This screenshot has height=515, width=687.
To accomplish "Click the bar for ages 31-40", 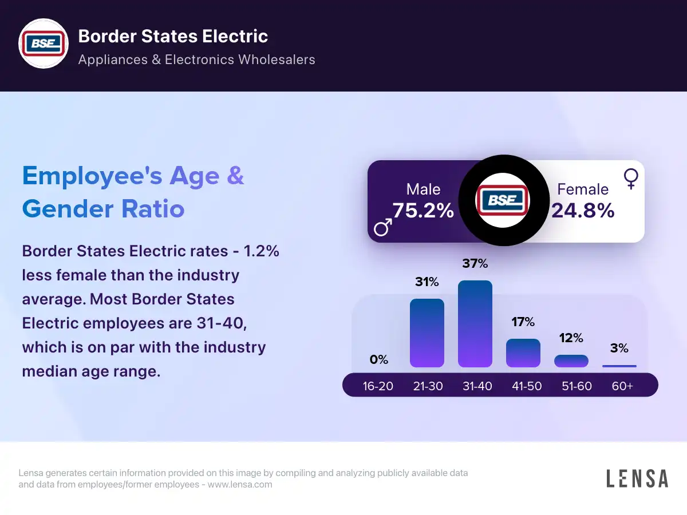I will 475,324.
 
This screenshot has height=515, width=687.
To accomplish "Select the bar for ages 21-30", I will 427,333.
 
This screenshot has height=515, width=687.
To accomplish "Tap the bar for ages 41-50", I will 523,353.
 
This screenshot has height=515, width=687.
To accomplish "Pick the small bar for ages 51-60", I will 571,361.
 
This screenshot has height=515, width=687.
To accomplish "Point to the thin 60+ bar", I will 619,366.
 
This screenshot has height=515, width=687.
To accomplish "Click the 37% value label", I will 475,264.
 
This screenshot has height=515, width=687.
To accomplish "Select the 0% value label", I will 379,360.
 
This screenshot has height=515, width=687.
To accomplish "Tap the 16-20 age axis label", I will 378,386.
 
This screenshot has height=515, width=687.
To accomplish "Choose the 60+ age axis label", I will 622,386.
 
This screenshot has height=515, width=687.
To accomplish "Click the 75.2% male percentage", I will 423,211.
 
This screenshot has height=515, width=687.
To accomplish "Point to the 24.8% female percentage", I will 583,211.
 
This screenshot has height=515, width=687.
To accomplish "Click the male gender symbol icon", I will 382,228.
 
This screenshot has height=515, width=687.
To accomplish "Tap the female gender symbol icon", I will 631,179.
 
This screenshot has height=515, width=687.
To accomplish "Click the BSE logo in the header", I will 44,45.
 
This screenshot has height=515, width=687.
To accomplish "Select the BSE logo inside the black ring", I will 503,200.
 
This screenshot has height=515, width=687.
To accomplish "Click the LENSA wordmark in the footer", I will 637,478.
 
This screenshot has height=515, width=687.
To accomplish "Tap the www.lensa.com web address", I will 240,485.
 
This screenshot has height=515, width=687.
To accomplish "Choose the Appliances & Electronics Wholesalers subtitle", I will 196,60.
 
